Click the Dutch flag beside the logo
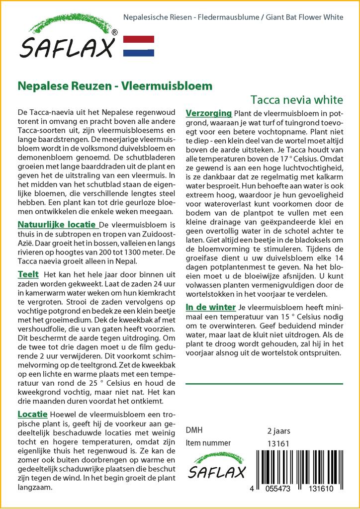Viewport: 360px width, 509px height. click(138, 46)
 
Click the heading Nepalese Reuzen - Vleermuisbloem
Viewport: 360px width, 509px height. click(115, 85)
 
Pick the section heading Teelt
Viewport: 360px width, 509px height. click(28, 274)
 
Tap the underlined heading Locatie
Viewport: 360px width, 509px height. click(32, 414)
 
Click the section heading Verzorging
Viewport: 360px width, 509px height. click(208, 113)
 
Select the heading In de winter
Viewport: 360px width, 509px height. click(211, 308)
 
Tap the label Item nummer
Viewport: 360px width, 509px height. click(208, 443)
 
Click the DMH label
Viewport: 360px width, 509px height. click(194, 430)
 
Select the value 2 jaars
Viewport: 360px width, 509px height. click(278, 431)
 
